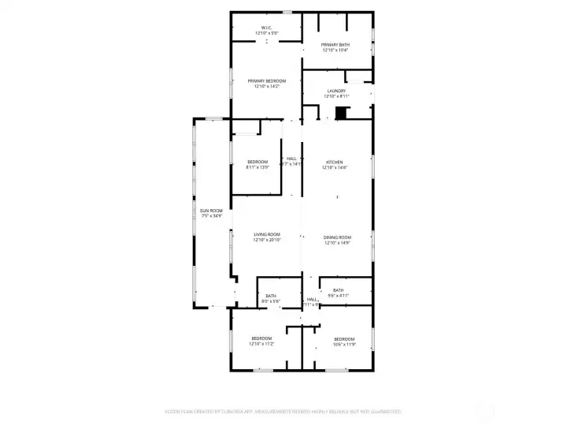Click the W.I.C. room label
(266, 28)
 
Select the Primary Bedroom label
(266, 81)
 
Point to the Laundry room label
(336, 91)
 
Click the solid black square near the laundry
(341, 114)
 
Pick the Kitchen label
(335, 162)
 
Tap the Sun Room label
(210, 210)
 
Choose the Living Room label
(267, 234)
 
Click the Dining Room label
(337, 237)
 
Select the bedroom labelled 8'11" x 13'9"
(258, 162)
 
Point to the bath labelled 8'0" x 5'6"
(271, 296)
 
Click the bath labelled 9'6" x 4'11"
(338, 290)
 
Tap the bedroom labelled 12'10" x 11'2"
(261, 339)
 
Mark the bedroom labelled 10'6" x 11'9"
(344, 339)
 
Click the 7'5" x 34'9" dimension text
(210, 215)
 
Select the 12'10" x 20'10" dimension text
(267, 240)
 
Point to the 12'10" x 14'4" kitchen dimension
(335, 167)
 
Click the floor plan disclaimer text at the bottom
(283, 411)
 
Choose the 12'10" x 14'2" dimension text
(266, 87)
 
